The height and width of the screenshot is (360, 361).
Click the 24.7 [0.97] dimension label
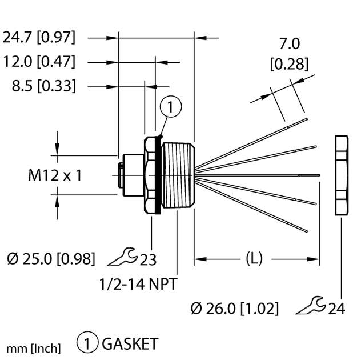coord(39,38)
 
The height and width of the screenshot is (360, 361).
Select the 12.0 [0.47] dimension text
coord(39,62)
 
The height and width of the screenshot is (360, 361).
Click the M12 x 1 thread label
coord(55,175)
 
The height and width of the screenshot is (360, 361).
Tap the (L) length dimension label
coord(254,258)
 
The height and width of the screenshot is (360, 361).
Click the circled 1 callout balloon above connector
coord(172,106)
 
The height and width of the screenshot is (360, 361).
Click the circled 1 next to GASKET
coord(88,344)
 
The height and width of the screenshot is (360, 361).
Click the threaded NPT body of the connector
coord(178,175)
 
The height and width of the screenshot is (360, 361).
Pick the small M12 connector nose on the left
coord(122,174)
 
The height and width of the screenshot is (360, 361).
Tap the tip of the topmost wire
coord(307,119)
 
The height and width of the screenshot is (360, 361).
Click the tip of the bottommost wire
coord(307,230)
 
